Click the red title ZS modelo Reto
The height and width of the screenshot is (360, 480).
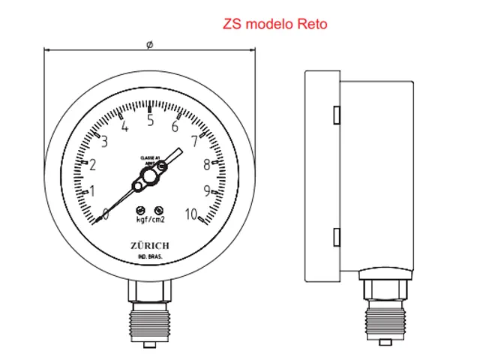pyautogui.click(x=274, y=24)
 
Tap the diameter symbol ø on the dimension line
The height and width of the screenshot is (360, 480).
pyautogui.click(x=150, y=45)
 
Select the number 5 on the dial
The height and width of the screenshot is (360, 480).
pyautogui.click(x=150, y=120)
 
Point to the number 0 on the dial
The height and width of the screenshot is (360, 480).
pyautogui.click(x=106, y=214)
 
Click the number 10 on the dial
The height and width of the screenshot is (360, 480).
pyautogui.click(x=193, y=214)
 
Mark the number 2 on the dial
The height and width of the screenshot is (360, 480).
pyautogui.click(x=94, y=166)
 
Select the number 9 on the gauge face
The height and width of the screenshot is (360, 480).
pyautogui.click(x=205, y=190)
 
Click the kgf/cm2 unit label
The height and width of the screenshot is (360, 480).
pyautogui.click(x=149, y=220)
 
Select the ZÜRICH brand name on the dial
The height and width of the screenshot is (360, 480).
pyautogui.click(x=149, y=246)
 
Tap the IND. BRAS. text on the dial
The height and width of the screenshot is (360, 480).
pyautogui.click(x=150, y=258)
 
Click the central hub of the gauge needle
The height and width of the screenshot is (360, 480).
pyautogui.click(x=148, y=177)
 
